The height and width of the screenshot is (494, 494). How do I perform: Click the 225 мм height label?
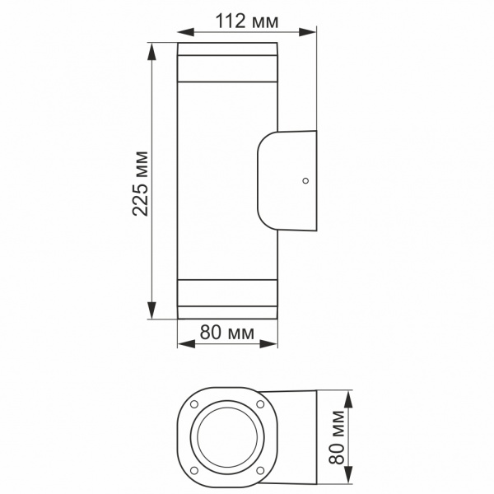pos(141,183)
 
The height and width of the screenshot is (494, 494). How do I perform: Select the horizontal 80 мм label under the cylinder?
pos(226,333)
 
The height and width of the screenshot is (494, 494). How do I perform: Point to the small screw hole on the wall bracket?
pos(305,179)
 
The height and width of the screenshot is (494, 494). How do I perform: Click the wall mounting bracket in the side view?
pos(287,179)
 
